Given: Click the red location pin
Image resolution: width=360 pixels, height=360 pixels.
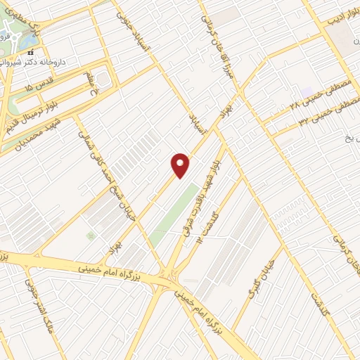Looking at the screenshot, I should pos(181,165).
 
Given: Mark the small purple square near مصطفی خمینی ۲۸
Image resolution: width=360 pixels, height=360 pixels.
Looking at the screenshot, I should pos(307,92).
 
